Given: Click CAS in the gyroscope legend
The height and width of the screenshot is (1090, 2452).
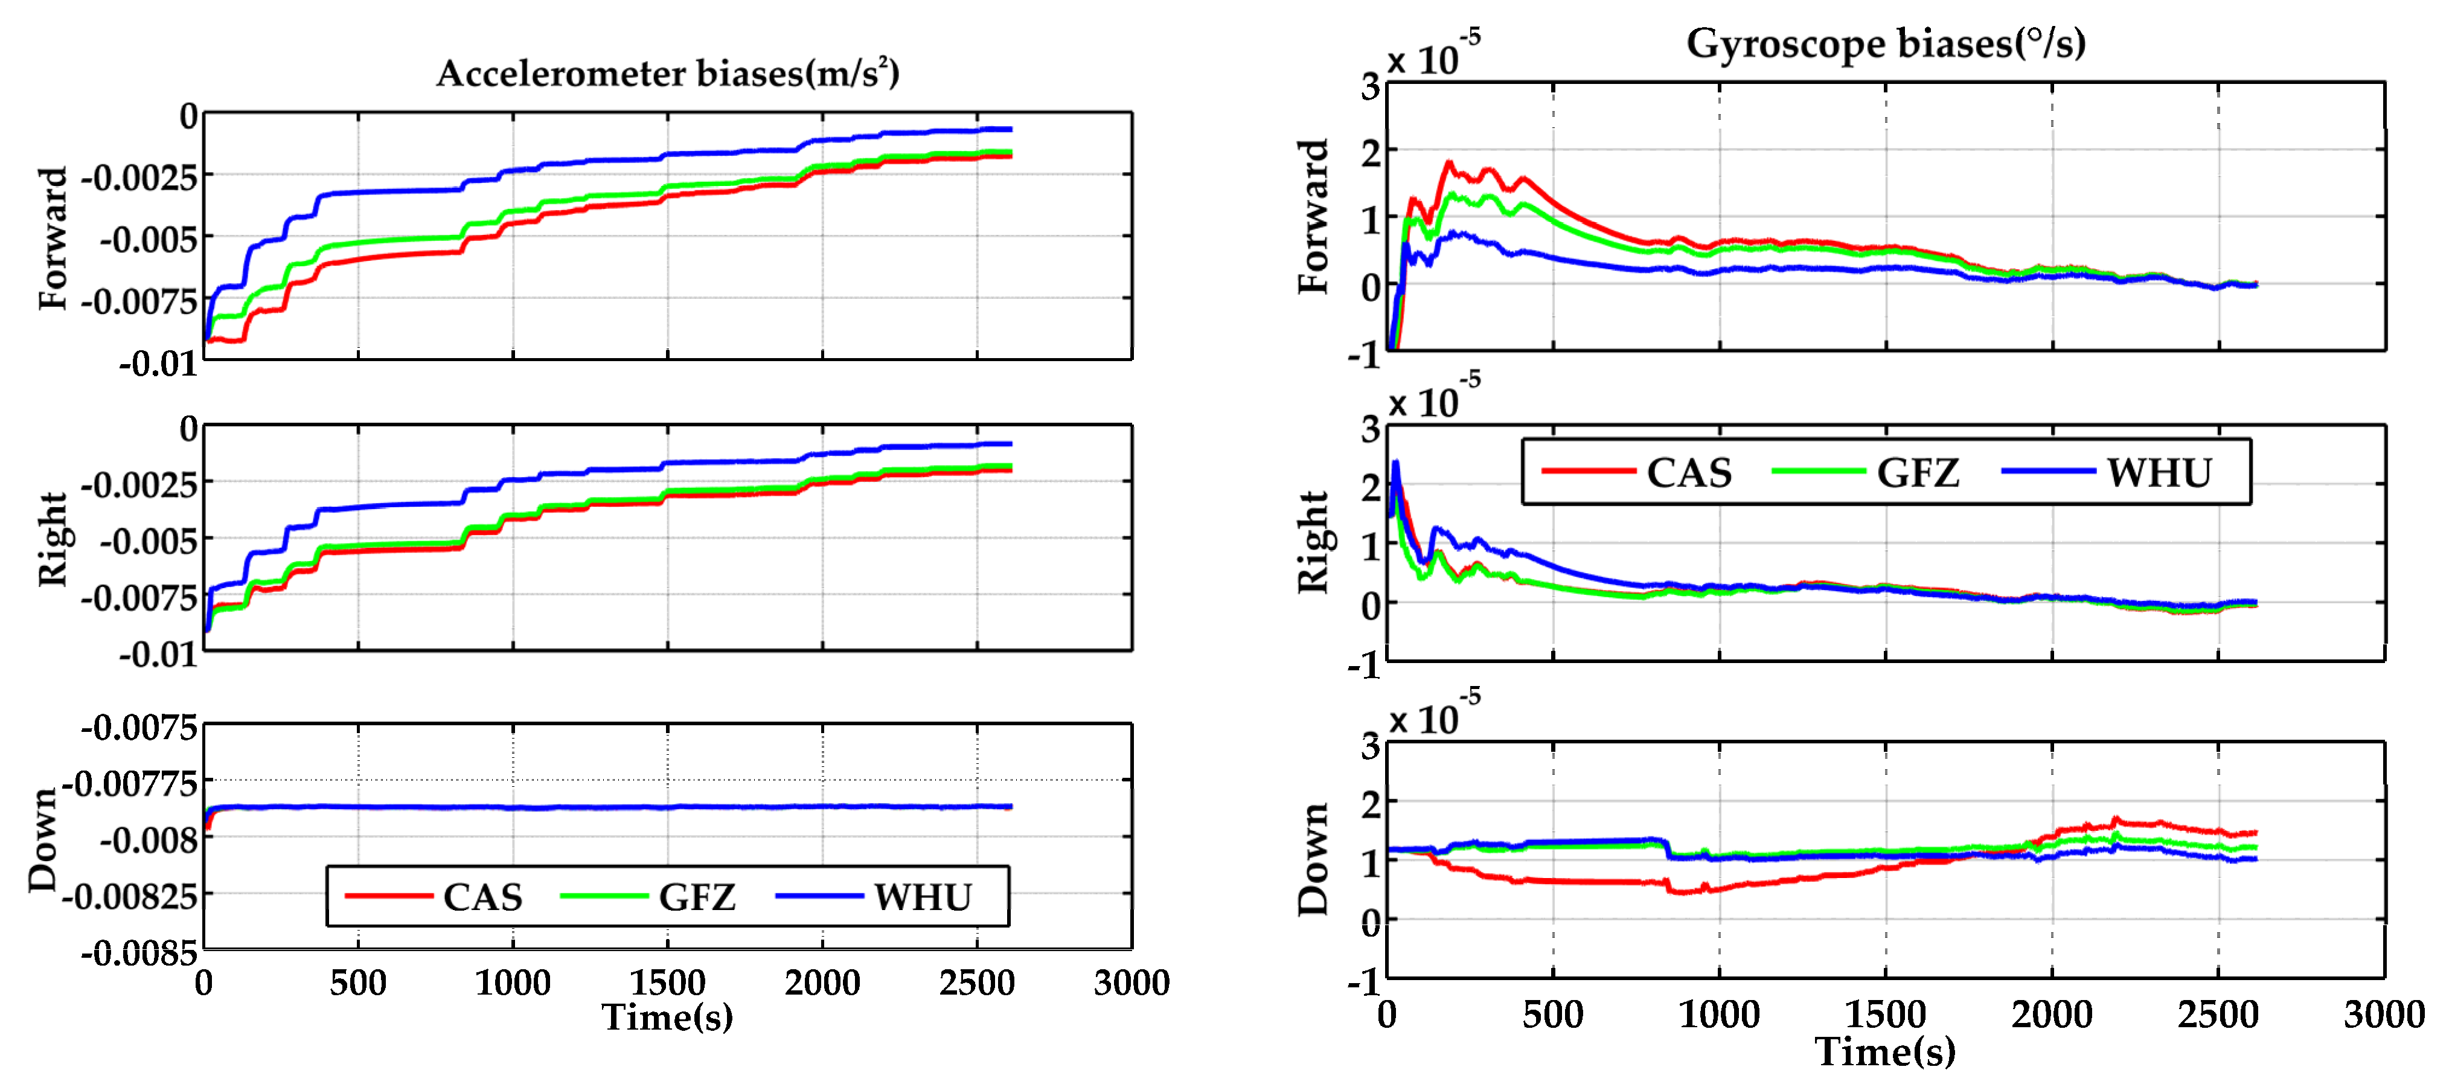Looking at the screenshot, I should (x=1689, y=473).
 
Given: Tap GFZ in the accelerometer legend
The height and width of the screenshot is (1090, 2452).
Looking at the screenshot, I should (x=697, y=897).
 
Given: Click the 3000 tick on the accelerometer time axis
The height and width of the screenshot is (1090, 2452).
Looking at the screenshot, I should (x=1131, y=983).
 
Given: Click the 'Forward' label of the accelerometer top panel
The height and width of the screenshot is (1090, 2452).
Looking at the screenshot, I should (x=53, y=238).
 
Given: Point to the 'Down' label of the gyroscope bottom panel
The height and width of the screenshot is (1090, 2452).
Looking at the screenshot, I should (x=1314, y=859).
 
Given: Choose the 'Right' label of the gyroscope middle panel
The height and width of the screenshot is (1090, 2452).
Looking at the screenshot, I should (x=1314, y=543).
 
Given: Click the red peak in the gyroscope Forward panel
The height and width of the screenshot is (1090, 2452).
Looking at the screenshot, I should (x=1448, y=163).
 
